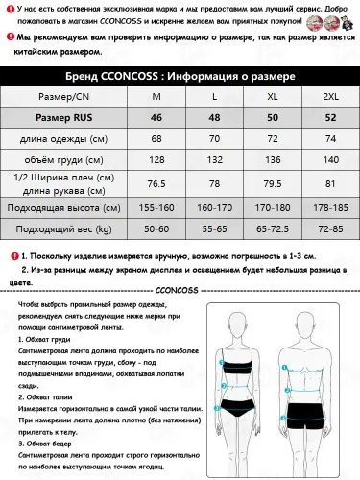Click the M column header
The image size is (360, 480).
[x=156, y=97]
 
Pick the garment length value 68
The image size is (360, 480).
[x=156, y=139]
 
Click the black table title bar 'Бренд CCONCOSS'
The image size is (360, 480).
[x=180, y=75]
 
